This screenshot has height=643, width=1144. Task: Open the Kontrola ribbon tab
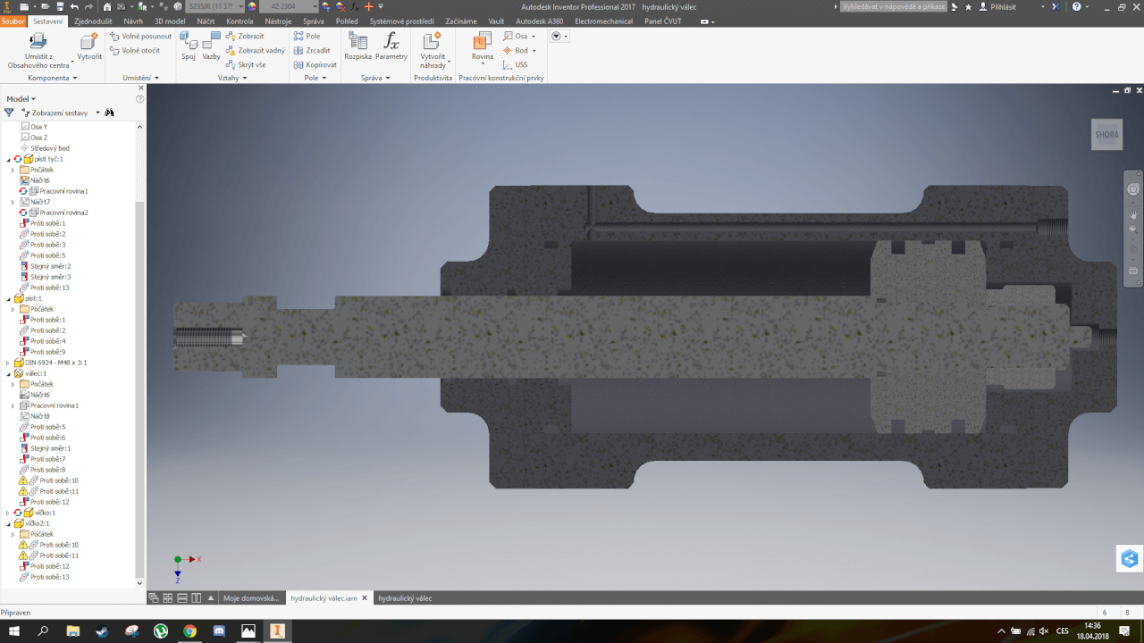(240, 20)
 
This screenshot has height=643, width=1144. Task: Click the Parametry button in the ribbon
(391, 45)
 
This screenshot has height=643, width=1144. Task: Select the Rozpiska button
(357, 45)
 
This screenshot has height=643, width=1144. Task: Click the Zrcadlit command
(317, 51)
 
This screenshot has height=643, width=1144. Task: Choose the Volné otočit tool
(140, 51)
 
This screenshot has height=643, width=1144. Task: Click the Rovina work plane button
(482, 46)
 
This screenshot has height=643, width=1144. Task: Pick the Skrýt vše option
(251, 64)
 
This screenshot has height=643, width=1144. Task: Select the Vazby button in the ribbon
(211, 45)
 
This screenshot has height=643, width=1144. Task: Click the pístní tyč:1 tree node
(48, 159)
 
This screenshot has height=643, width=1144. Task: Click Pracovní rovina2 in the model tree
(63, 213)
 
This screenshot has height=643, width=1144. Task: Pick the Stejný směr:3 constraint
(50, 277)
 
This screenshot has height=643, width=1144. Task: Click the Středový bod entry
(49, 148)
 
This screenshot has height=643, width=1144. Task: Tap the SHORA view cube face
(1106, 135)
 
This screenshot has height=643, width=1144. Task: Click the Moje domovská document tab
(251, 598)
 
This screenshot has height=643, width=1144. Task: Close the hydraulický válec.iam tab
(365, 598)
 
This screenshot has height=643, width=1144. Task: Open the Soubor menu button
(13, 20)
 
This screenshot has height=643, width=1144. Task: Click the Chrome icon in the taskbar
(189, 630)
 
